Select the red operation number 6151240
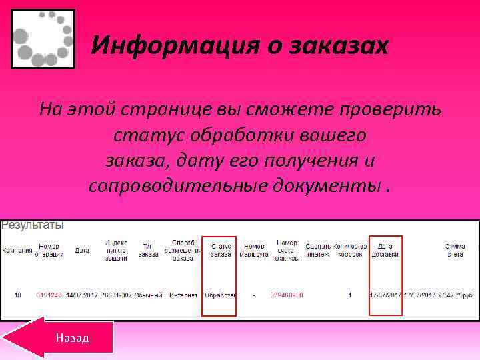49,295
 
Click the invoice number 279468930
287,295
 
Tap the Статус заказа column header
220,250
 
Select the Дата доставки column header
385,250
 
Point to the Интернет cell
183,295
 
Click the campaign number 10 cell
18,295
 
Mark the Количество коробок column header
350,250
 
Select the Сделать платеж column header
317,250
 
